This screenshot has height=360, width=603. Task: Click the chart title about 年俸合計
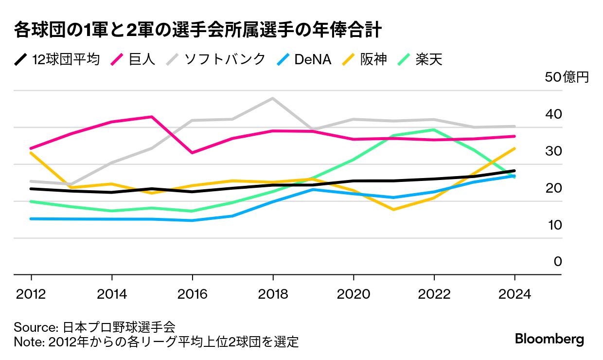tap(197, 30)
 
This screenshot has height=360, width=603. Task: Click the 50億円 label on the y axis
tap(567, 77)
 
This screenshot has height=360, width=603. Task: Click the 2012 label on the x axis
tap(32, 294)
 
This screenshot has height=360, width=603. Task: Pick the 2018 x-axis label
tap(273, 294)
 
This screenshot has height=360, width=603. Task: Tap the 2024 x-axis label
tap(514, 294)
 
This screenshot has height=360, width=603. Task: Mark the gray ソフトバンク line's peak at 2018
tap(273, 98)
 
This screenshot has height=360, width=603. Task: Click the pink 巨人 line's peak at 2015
tap(152, 117)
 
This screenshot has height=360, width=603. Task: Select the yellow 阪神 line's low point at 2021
tap(393, 210)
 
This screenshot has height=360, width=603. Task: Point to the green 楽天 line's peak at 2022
tap(434, 130)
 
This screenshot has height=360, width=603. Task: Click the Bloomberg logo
tap(550, 339)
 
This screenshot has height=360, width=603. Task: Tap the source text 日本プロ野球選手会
tap(119, 326)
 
